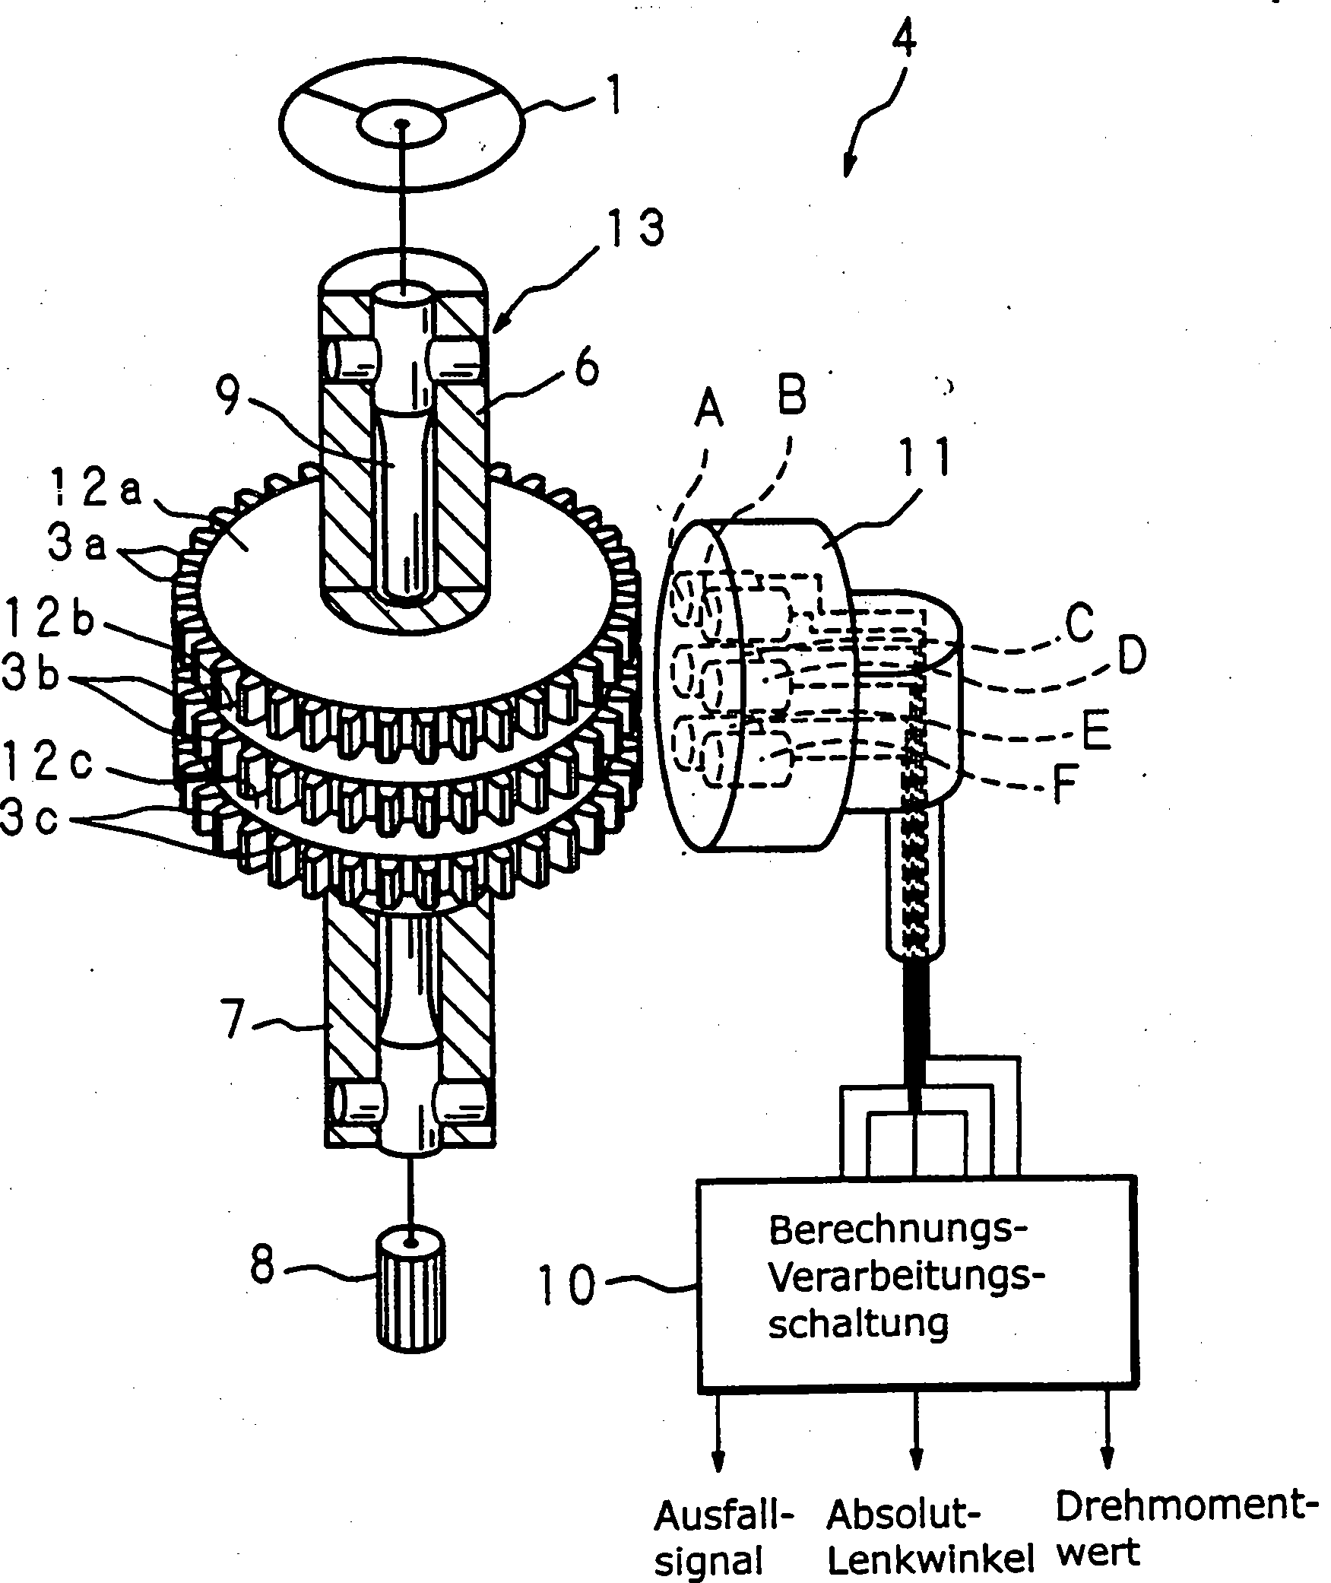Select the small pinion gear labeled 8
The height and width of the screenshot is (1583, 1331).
click(x=410, y=1300)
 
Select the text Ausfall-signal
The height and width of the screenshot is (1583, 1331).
click(x=723, y=1537)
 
